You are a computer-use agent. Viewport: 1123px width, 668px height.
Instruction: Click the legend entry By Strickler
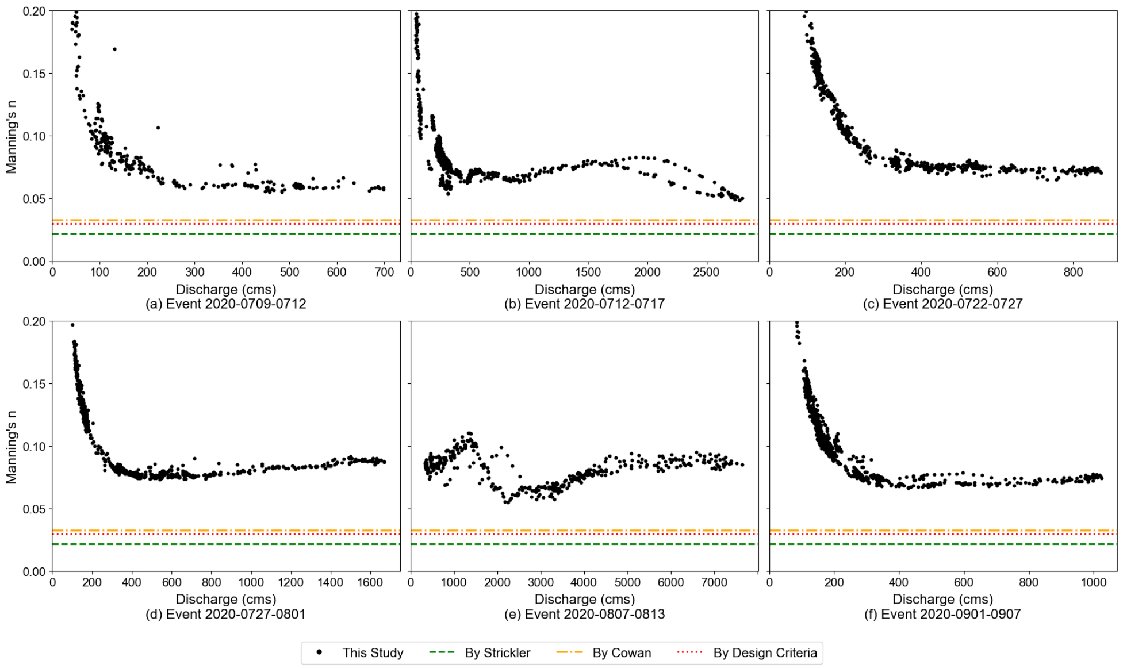pos(497,652)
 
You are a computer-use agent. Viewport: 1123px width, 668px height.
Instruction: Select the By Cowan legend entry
pos(622,652)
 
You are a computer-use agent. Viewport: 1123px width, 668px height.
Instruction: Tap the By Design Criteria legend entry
pos(765,652)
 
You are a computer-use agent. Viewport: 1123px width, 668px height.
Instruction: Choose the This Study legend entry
pos(373,652)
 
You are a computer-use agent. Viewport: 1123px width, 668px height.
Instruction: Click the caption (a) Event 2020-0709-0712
pos(225,304)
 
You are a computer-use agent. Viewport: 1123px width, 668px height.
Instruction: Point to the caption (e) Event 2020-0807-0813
pos(584,614)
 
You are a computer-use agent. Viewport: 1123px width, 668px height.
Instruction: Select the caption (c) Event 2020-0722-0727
pos(942,304)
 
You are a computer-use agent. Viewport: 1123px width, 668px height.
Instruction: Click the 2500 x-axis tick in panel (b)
pos(706,272)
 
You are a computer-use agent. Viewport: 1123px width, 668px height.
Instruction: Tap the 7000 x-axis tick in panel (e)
pos(714,582)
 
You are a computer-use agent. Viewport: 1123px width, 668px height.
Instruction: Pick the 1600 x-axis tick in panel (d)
pos(370,582)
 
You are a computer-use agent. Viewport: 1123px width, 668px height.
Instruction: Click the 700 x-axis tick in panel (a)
pos(384,272)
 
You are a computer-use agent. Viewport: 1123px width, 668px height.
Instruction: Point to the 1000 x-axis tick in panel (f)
pos(1093,582)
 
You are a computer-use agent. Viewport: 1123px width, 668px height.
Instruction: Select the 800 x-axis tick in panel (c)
pos(1073,272)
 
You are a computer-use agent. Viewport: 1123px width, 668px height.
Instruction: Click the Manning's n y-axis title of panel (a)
pos(12,136)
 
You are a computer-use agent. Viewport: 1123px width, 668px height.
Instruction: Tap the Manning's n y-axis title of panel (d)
pos(12,447)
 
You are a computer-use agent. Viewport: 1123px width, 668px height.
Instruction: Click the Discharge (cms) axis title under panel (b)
pos(584,289)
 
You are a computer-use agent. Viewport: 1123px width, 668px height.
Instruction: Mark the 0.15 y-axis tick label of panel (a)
pos(34,74)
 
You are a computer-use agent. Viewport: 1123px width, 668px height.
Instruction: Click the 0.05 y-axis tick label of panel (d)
pos(34,509)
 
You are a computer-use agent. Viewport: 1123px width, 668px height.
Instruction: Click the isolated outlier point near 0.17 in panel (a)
pos(114,49)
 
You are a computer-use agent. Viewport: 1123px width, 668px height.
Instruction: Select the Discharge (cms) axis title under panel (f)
pos(942,600)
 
